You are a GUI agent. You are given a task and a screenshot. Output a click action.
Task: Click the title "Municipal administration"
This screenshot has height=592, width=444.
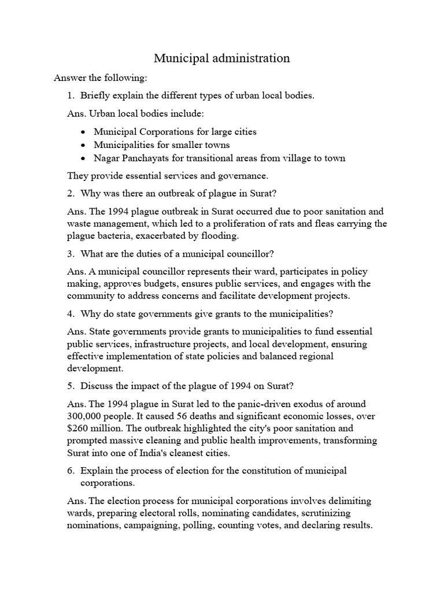(x=221, y=58)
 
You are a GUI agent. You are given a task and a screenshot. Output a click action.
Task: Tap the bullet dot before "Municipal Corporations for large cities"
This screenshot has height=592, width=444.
(x=84, y=132)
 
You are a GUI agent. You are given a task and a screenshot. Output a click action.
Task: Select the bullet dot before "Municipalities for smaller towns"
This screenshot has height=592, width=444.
(x=84, y=145)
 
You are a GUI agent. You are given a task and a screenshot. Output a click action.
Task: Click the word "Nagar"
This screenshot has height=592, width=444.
(x=106, y=158)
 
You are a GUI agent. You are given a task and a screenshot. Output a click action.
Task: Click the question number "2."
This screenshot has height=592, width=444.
(x=72, y=193)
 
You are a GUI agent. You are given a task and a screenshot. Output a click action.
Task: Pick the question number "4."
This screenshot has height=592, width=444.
(x=72, y=313)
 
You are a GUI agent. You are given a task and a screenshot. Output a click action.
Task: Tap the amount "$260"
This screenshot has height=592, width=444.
(x=79, y=428)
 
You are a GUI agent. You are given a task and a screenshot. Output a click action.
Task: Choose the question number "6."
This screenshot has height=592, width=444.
(x=72, y=471)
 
